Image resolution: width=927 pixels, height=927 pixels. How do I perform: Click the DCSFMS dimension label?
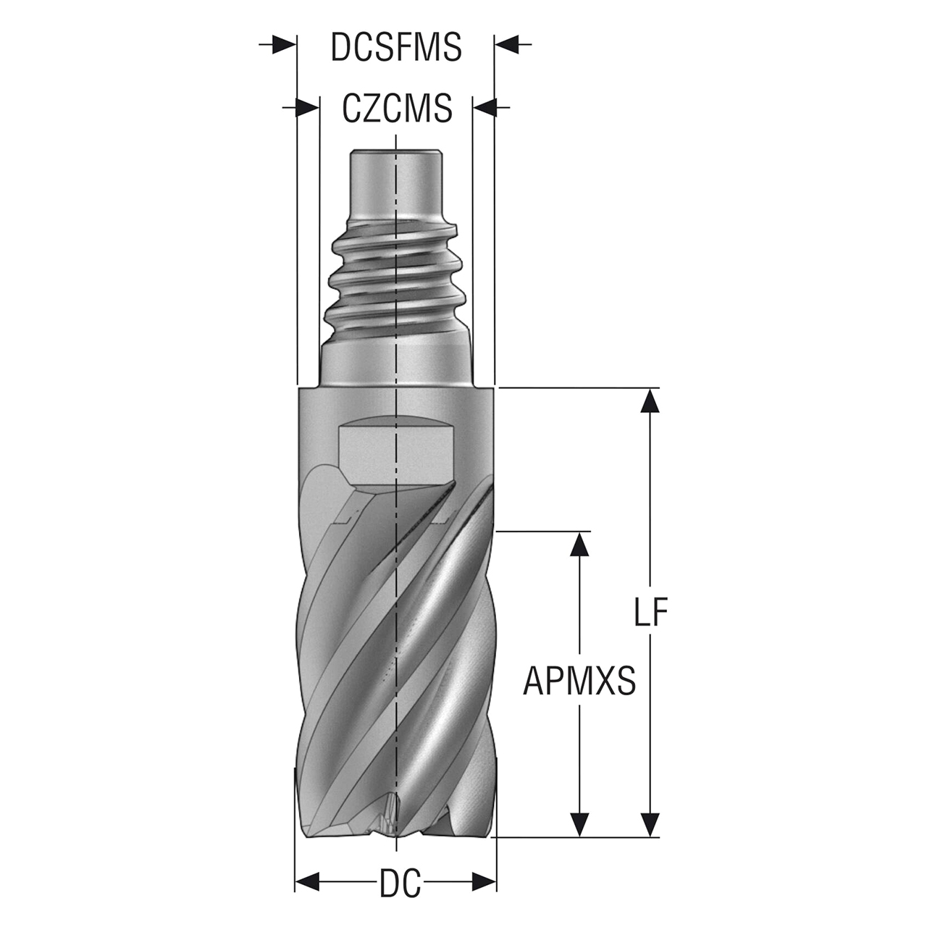pyautogui.click(x=396, y=47)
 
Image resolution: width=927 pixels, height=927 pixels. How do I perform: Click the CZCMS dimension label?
pyautogui.click(x=397, y=109)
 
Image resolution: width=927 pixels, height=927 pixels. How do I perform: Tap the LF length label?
pyautogui.click(x=650, y=613)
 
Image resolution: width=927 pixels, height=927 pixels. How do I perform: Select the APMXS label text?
pyautogui.click(x=579, y=681)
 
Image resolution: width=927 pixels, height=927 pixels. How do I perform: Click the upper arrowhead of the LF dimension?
pyautogui.click(x=650, y=400)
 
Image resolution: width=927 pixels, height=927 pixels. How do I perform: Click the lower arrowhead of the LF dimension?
pyautogui.click(x=650, y=824)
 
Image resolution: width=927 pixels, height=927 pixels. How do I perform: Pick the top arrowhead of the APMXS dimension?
pyautogui.click(x=578, y=544)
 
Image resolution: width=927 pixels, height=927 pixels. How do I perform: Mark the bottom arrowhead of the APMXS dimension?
pyautogui.click(x=578, y=824)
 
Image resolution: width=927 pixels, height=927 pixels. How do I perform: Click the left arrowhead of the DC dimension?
pyautogui.click(x=308, y=881)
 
